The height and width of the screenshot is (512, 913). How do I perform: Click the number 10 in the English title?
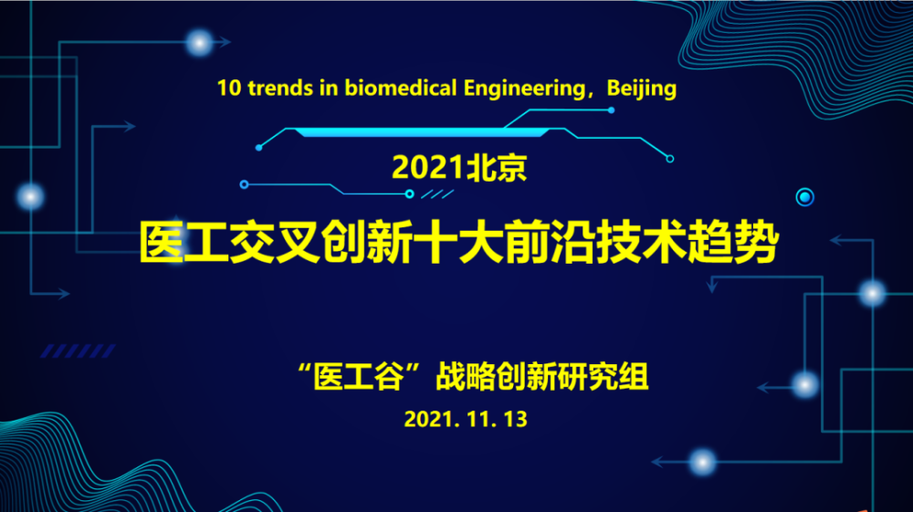[x=229, y=89]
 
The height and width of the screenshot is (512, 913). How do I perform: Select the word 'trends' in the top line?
[x=280, y=89]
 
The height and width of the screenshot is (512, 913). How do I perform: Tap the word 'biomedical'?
[x=401, y=89]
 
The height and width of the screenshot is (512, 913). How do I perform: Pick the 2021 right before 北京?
[x=427, y=168]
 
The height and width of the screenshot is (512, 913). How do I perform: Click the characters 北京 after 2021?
[x=496, y=168]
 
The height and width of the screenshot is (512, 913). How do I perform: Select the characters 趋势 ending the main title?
[x=732, y=242]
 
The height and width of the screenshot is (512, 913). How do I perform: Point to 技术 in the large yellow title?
[x=642, y=242]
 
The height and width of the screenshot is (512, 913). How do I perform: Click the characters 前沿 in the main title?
[x=551, y=242]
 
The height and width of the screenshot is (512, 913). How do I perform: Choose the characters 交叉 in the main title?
[x=276, y=242]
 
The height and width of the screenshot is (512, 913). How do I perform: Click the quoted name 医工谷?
[x=359, y=377]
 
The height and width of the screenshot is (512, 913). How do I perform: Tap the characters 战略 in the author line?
[x=466, y=377]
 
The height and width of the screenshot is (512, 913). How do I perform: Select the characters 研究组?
[x=603, y=377]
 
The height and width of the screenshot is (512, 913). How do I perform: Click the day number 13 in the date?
[x=516, y=420]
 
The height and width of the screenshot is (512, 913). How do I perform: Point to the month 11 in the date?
[x=477, y=420]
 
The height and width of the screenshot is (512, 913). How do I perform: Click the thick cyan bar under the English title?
[x=422, y=132]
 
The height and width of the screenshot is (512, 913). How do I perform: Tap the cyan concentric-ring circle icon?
[x=804, y=197]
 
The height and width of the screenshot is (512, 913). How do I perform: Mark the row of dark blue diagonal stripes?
[x=78, y=350]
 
